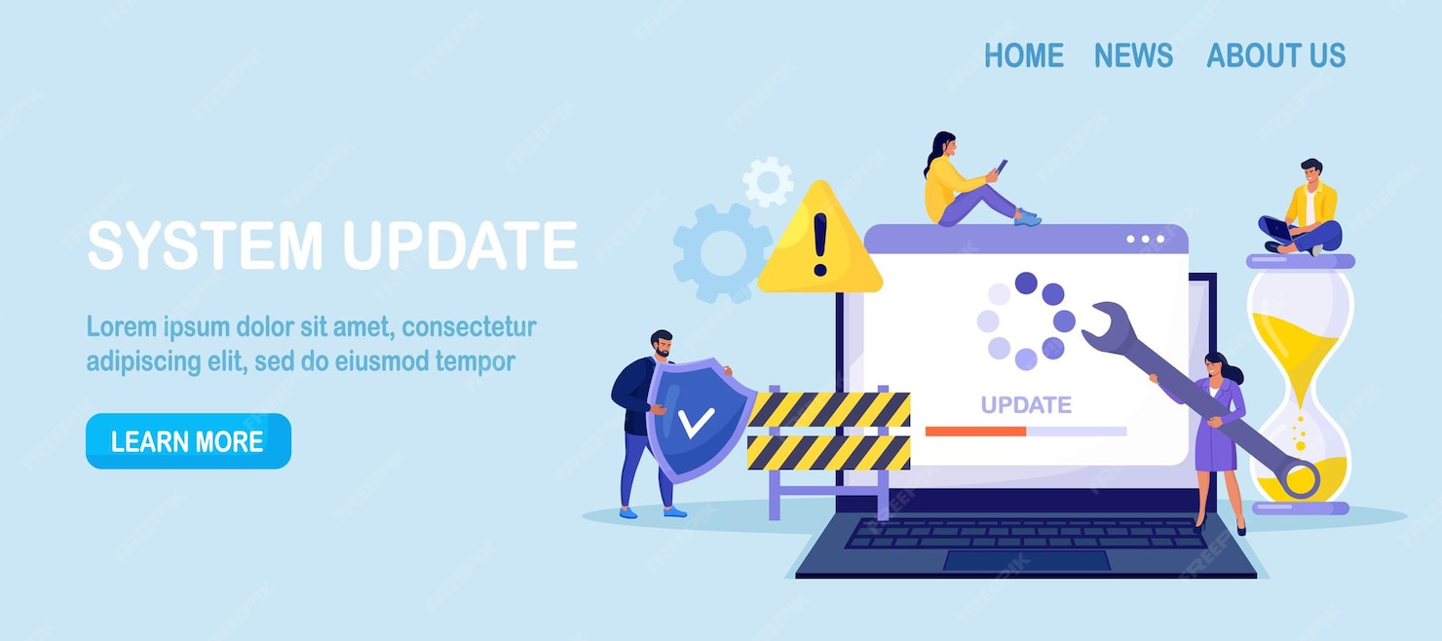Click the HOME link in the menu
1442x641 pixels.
click(1023, 56)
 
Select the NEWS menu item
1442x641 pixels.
click(1133, 56)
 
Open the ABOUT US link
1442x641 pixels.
click(1275, 56)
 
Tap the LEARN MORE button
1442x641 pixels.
click(188, 441)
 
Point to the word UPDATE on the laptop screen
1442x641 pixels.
click(1025, 404)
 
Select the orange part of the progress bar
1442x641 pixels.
click(975, 431)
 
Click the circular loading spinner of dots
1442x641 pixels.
click(1025, 320)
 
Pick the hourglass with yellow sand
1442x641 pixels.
click(1301, 385)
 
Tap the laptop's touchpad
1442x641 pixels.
click(1026, 560)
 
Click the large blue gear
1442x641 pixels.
click(722, 252)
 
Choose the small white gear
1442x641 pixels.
click(768, 181)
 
